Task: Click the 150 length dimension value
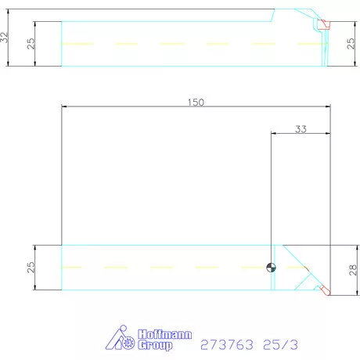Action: coord(196,103)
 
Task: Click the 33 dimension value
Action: coord(301,129)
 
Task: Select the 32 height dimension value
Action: coord(5,38)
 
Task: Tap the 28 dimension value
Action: coord(353,270)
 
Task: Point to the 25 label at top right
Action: coord(351,44)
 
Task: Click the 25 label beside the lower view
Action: coord(31,267)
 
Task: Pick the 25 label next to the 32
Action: coord(31,44)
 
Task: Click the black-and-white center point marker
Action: coord(271,268)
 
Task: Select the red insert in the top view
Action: coord(326,24)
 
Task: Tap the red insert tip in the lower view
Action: coord(326,290)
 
